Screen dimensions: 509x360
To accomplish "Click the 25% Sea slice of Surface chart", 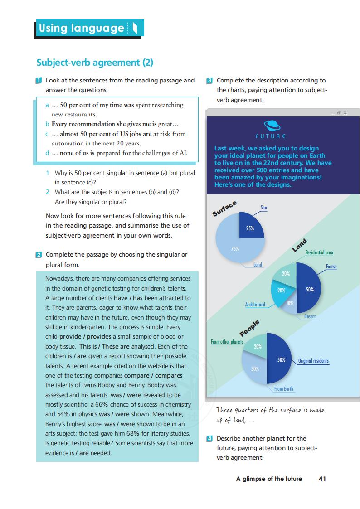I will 250,225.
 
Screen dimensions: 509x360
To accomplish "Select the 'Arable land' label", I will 255,305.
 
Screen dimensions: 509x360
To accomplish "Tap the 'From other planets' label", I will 227,341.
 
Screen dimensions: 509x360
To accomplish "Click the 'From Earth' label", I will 284,389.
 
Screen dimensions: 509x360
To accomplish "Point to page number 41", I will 322,479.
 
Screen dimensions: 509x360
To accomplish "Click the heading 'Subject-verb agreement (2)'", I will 95,63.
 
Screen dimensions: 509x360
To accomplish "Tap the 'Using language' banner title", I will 82,28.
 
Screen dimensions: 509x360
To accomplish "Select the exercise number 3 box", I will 209,81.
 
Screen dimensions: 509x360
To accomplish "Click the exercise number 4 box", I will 209,438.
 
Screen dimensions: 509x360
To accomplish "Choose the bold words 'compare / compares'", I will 153,375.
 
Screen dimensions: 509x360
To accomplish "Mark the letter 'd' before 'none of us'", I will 48,153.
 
